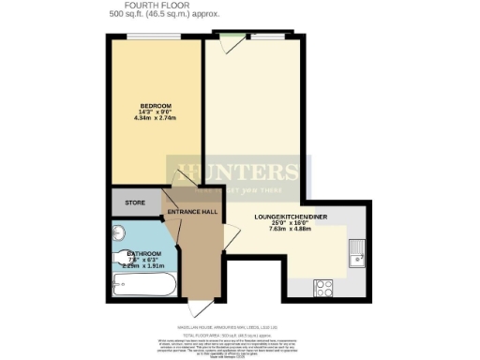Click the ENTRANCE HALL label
point(192,212)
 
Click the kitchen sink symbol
point(357,250)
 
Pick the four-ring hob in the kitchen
point(325,286)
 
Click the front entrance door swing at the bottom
point(194,307)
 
